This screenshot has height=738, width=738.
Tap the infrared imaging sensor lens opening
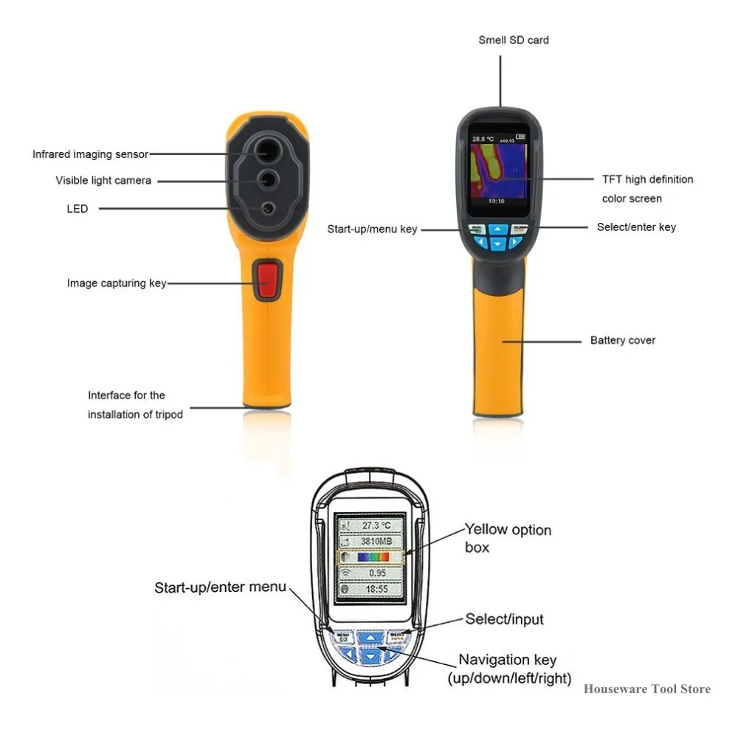(x=267, y=151)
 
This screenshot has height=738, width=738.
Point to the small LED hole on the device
(x=268, y=208)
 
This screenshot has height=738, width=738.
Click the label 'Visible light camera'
(x=103, y=180)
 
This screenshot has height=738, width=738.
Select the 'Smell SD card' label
(x=514, y=40)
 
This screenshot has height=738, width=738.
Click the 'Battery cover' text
(x=623, y=340)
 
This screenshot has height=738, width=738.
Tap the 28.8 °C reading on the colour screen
(x=484, y=138)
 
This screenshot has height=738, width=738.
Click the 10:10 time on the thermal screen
(x=497, y=200)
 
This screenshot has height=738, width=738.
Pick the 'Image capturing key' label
(x=117, y=283)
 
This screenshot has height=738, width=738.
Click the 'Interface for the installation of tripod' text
(x=135, y=405)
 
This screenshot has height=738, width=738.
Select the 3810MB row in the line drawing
(x=372, y=541)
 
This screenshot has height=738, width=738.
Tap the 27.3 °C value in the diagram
(x=372, y=525)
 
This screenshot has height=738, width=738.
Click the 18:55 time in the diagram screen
(x=372, y=590)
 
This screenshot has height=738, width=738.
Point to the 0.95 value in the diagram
(x=372, y=573)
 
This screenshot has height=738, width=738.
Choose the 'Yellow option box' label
(x=508, y=538)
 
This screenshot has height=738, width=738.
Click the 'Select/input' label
(x=505, y=618)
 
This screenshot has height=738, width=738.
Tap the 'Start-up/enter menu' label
(x=220, y=587)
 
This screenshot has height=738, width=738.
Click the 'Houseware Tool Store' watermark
(x=647, y=689)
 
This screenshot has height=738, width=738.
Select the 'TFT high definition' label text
(x=647, y=179)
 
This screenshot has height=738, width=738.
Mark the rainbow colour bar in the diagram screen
(x=373, y=558)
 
